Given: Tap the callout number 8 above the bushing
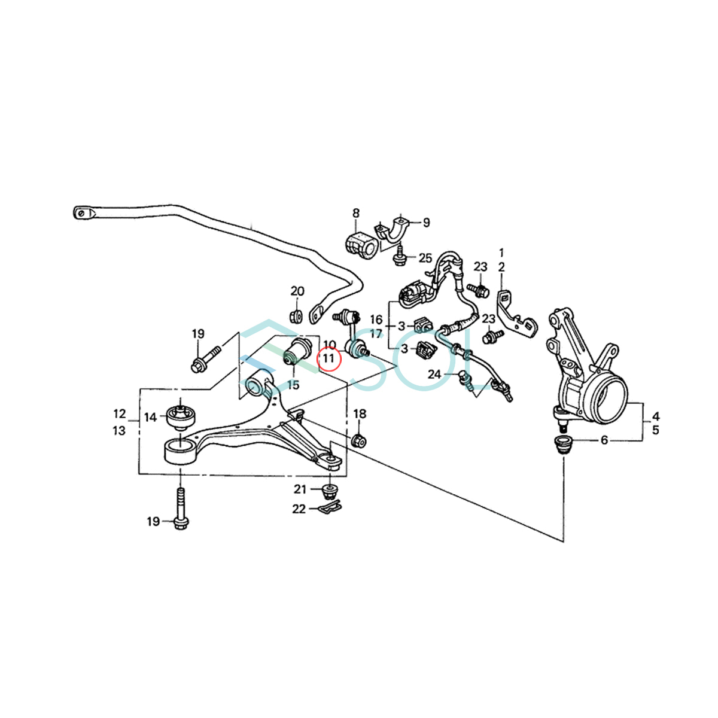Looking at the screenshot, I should coord(355,212).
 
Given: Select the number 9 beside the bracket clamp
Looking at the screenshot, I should coord(426,223).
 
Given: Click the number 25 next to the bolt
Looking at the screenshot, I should coord(425,258).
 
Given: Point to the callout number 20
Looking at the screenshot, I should coord(297,291).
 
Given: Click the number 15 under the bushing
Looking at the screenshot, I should coord(293,385).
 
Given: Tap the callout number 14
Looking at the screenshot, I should coord(150,417).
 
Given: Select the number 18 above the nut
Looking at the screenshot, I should coord(360,413).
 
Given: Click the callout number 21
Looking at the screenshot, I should coord(300,489).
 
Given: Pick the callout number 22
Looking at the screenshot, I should coord(299,509).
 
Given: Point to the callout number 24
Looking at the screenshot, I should coord(435,375).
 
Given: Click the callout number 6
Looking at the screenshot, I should coord(604,440).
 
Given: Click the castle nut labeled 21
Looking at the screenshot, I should coord(330,492).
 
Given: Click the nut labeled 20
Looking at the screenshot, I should coord(294,315).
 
